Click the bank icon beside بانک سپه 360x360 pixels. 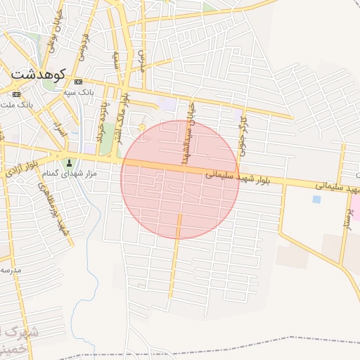coord(77,81)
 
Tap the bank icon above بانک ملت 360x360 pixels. coord(16,94)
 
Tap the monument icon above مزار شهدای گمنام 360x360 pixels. coord(69,145)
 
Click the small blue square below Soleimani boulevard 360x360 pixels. coord(316,199)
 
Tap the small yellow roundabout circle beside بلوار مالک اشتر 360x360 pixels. coord(143,127)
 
